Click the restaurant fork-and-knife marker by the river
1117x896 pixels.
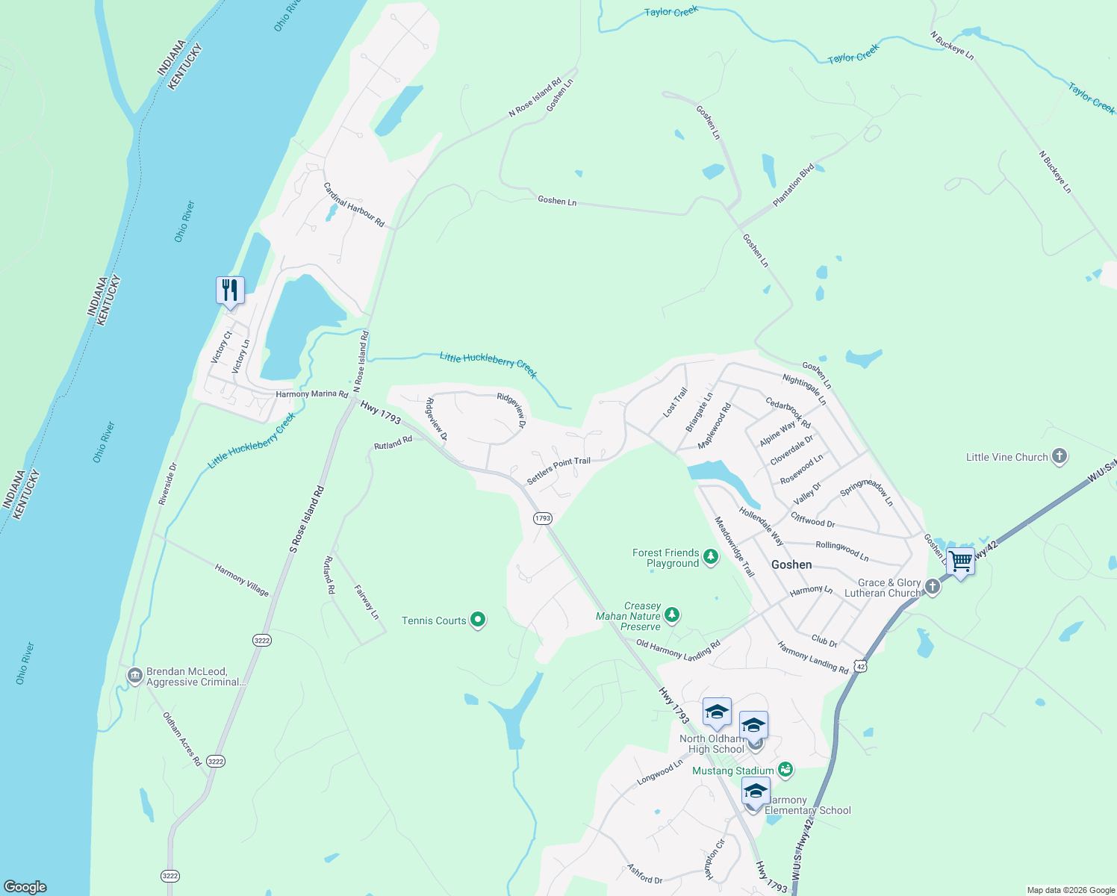(x=230, y=290)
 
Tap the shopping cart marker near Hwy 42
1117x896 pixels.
(x=960, y=560)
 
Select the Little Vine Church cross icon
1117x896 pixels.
(x=1059, y=456)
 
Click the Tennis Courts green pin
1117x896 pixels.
(x=479, y=620)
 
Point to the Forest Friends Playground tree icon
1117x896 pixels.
(x=711, y=557)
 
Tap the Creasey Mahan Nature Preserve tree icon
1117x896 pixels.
(x=672, y=615)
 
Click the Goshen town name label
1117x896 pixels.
(x=791, y=564)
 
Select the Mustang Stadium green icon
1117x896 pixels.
(x=785, y=769)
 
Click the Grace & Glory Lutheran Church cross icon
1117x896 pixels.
(x=932, y=587)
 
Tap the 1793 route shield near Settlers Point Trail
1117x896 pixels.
(x=543, y=518)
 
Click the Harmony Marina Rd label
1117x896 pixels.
(x=312, y=394)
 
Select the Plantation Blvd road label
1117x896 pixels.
(x=794, y=186)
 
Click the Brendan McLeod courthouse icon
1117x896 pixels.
(x=134, y=676)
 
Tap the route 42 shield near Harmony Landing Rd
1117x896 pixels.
(x=861, y=666)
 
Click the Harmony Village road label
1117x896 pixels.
(x=241, y=580)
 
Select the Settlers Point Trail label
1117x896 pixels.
(x=558, y=471)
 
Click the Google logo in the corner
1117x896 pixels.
(x=25, y=886)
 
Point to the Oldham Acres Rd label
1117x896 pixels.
(x=182, y=739)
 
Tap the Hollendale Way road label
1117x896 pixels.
(x=761, y=526)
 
